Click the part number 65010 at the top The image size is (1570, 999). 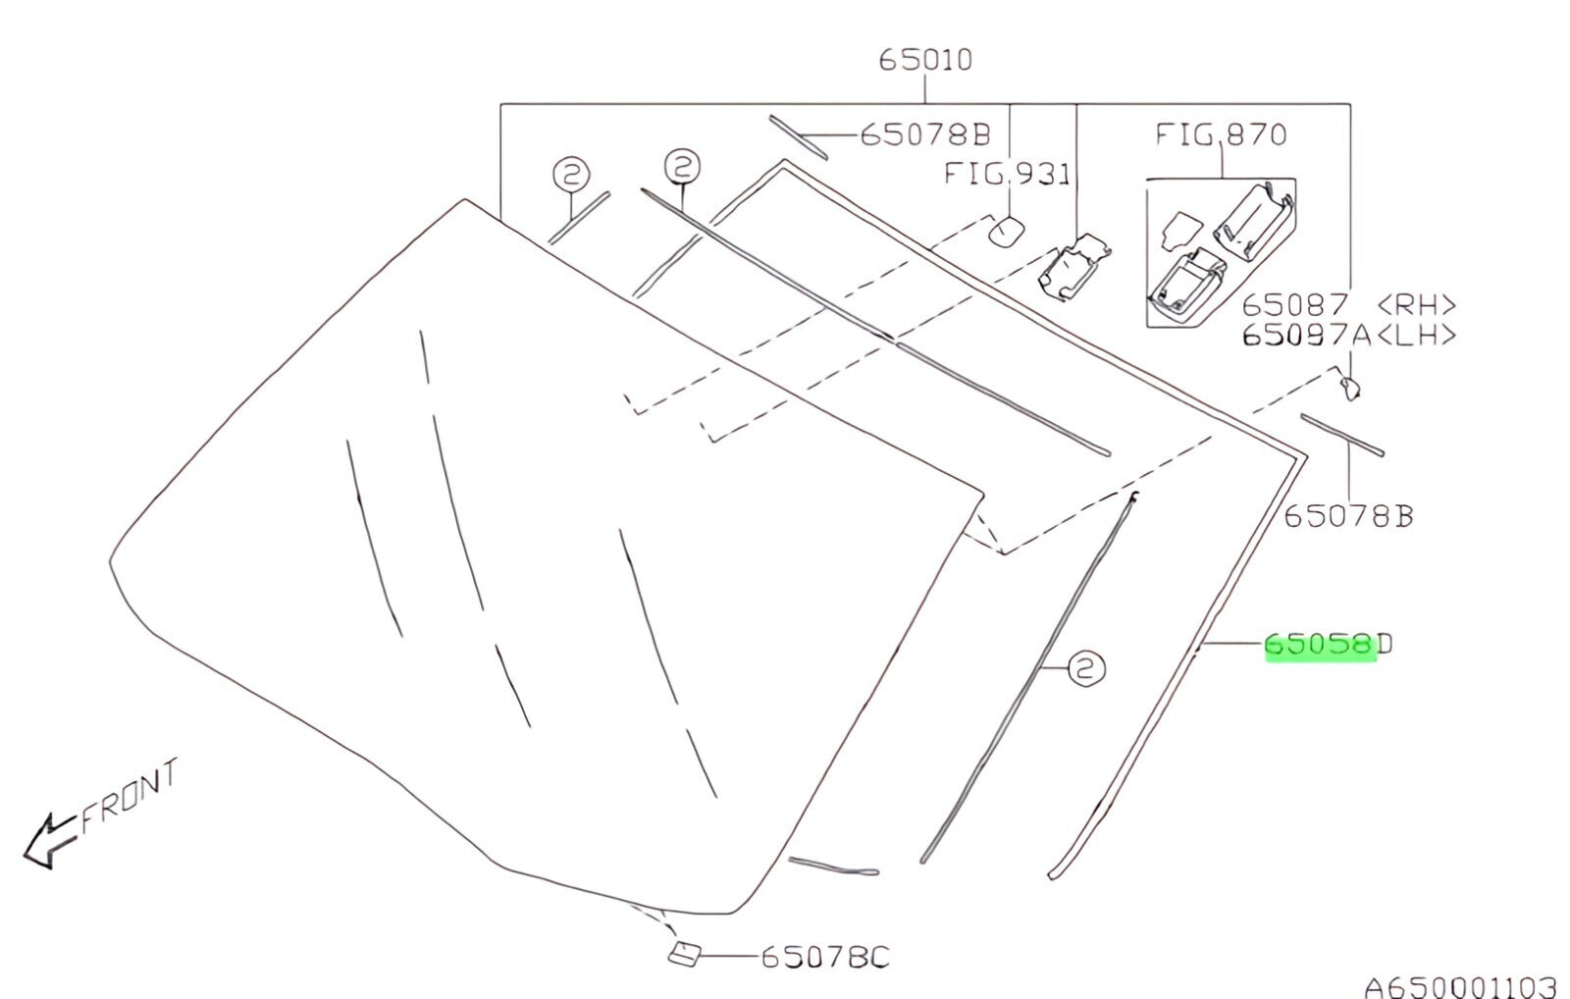tap(925, 60)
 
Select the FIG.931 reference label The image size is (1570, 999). tap(1007, 174)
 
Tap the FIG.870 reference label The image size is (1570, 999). tap(1221, 133)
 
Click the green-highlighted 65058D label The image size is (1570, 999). tap(1329, 645)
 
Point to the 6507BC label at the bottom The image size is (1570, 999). tap(825, 957)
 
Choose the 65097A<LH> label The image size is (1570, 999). tap(1349, 336)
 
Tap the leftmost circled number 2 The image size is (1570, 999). tap(571, 174)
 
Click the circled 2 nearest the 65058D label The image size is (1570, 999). tap(1086, 668)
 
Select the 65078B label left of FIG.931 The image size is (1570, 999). tap(925, 134)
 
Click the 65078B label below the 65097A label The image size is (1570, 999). tap(1348, 517)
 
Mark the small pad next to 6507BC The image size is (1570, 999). tap(684, 954)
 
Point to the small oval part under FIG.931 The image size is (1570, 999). tap(1007, 232)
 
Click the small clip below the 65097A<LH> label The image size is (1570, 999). tap(1349, 388)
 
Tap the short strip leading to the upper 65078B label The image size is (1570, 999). tap(798, 137)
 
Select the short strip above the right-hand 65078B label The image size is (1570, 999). tap(1342, 435)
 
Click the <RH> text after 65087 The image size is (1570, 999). tap(1417, 305)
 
